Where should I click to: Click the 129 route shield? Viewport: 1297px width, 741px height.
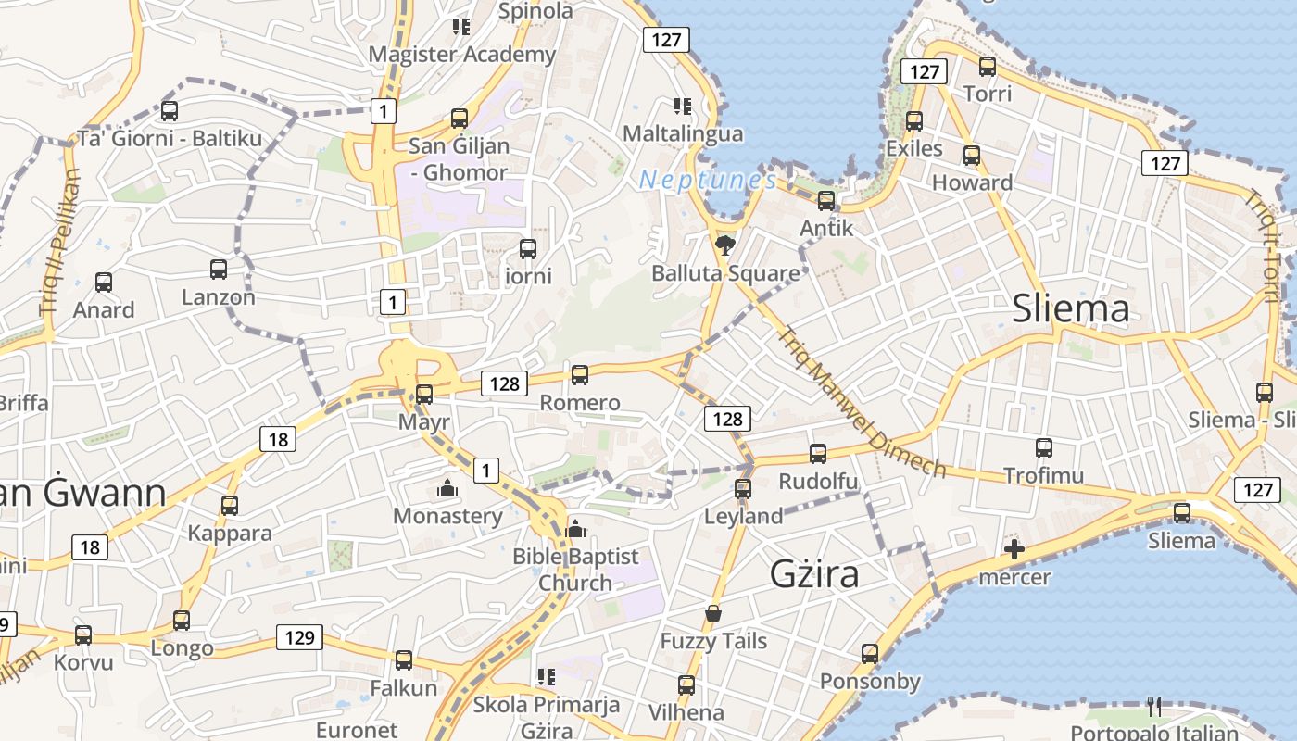[299, 637]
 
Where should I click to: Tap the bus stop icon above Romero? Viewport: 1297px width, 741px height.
[580, 375]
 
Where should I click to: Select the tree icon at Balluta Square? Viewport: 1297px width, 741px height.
[725, 245]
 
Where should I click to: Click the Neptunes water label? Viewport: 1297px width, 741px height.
[707, 180]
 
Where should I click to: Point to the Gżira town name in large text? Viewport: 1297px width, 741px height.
[814, 574]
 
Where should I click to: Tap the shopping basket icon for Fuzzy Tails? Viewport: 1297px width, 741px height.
[713, 613]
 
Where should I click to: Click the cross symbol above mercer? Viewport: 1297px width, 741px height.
[1014, 550]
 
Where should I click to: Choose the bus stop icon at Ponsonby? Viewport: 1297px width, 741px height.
[870, 654]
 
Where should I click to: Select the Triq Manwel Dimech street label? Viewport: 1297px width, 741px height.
[862, 403]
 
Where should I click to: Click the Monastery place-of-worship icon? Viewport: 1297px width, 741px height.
[447, 488]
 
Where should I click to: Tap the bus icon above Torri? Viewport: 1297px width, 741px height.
[988, 67]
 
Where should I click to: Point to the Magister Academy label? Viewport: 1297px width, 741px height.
[462, 54]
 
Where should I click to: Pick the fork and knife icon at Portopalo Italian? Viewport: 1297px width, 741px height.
[1154, 707]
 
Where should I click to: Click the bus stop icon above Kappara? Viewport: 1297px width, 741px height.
[230, 506]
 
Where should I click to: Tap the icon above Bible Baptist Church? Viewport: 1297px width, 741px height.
[575, 529]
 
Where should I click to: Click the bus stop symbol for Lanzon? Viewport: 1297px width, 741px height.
[219, 270]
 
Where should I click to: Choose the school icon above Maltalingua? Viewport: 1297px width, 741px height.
[683, 107]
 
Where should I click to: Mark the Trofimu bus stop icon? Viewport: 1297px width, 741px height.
[1044, 448]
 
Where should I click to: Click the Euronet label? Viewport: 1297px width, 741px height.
[357, 730]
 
